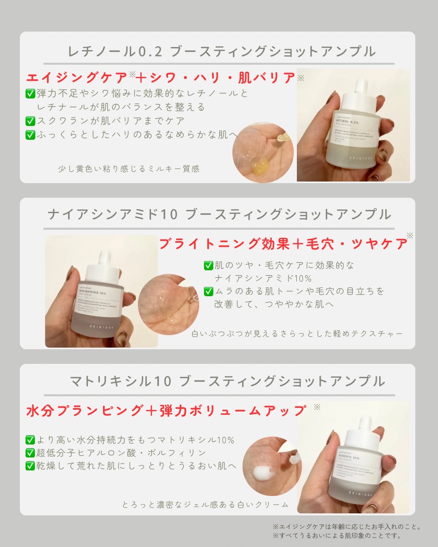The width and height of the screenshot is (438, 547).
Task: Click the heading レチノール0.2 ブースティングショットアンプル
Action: tap(221, 52)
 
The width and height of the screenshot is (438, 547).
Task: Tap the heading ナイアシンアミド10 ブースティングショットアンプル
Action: tap(219, 215)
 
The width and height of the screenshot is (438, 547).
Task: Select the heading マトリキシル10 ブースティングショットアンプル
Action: tap(227, 381)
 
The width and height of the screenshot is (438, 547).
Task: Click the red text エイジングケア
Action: tap(77, 78)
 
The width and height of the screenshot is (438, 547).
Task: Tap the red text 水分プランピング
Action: tap(85, 411)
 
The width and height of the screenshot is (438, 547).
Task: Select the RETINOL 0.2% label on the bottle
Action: tap(348, 122)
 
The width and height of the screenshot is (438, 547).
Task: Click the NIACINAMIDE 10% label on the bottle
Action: tap(92, 292)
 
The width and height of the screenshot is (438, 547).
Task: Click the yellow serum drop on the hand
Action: tap(260, 166)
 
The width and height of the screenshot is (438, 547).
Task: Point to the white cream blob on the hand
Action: tap(263, 472)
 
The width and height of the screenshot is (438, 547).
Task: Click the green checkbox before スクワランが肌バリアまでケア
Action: tap(30, 121)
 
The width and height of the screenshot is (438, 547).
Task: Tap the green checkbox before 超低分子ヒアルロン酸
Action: tap(30, 453)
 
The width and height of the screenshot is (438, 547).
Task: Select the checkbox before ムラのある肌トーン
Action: tap(208, 291)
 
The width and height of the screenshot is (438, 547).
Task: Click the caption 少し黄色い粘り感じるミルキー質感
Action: tap(129, 169)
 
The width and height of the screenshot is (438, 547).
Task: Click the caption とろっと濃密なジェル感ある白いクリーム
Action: tap(205, 505)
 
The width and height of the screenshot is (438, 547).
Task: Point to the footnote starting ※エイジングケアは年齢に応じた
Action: tap(347, 527)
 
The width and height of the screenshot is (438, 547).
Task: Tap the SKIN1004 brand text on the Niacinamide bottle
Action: tap(101, 327)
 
